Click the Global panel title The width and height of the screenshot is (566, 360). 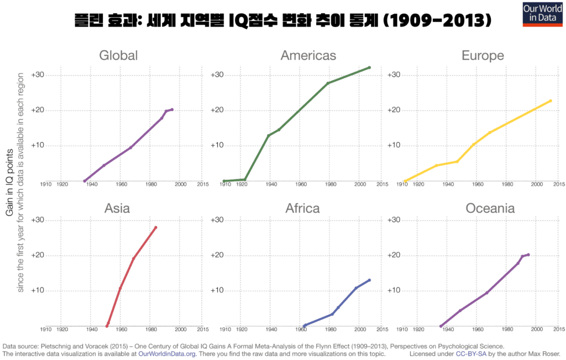coord(118,55)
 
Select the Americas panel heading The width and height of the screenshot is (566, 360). coord(308,55)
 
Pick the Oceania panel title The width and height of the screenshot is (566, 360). coord(490,208)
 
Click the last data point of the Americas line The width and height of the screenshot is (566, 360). coord(369,67)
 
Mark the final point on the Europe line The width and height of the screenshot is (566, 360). coord(551,101)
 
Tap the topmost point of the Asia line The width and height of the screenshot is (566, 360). coord(156,227)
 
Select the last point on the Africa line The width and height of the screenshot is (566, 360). coord(369,280)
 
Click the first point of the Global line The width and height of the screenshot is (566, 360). coord(85,181)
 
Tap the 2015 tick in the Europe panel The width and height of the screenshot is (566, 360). coord(558,185)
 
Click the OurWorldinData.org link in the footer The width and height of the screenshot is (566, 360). coord(167,353)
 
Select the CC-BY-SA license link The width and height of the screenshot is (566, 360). coord(471,353)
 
